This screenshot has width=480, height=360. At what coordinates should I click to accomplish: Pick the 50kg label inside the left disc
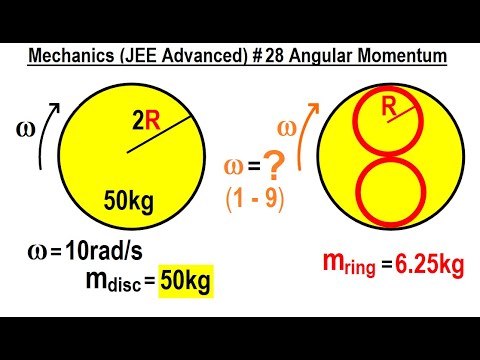click(129, 203)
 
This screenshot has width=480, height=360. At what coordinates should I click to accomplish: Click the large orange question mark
click(268, 158)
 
